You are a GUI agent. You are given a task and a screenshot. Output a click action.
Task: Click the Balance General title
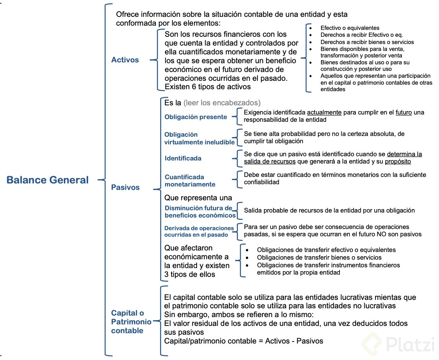pos(48,180)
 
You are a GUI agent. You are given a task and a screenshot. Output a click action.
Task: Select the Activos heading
pos(125,60)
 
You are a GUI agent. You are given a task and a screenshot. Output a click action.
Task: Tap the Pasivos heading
pos(125,187)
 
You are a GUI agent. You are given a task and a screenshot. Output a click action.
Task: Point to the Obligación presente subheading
pos(196,117)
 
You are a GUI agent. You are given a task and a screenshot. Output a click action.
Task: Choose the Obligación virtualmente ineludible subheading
pos(199,138)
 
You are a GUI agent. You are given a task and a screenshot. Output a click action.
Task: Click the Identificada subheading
pos(183,158)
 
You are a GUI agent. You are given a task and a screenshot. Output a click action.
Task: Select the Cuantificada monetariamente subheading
pos(190,180)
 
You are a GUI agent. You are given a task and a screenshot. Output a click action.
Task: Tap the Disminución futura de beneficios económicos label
pos(200,211)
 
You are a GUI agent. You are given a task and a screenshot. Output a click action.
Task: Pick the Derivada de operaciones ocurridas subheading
pos(199,231)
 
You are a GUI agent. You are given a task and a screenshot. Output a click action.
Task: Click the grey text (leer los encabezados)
pos(222,103)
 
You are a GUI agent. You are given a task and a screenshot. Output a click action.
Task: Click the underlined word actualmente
pos(324,113)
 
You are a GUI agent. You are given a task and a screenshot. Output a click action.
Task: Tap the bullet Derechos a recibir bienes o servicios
pos(367,42)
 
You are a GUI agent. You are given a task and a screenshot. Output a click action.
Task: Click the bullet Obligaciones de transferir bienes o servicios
pos(319,257)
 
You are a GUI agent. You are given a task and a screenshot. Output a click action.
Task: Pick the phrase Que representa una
pos(198,198)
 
